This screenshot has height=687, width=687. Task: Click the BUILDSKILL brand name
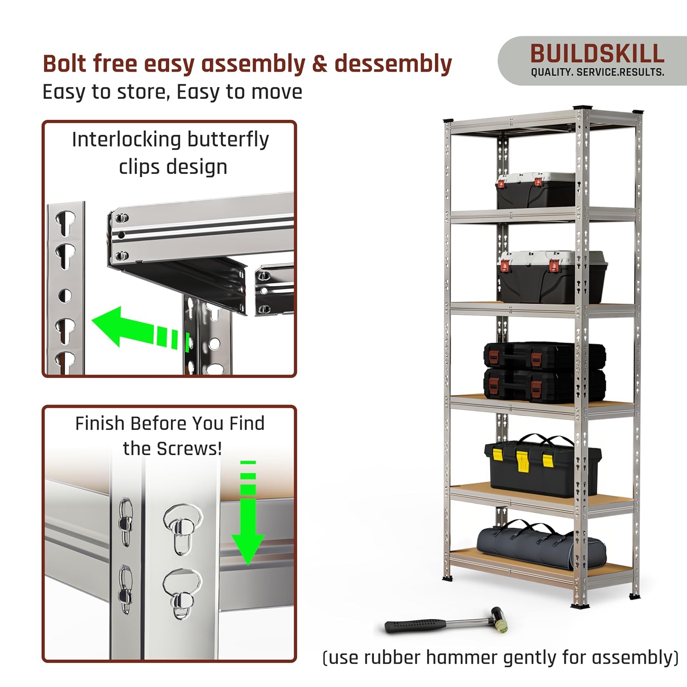pos(597,54)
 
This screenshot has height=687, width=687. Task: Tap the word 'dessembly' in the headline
pos(393,64)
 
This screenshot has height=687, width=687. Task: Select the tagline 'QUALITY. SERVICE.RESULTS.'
pos(597,72)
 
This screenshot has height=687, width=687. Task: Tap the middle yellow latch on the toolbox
pos(522,460)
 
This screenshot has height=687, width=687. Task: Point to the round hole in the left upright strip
pos(65,296)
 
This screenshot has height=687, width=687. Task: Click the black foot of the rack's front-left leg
pos(447,578)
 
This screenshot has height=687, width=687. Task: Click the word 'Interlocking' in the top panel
pos(126,140)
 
